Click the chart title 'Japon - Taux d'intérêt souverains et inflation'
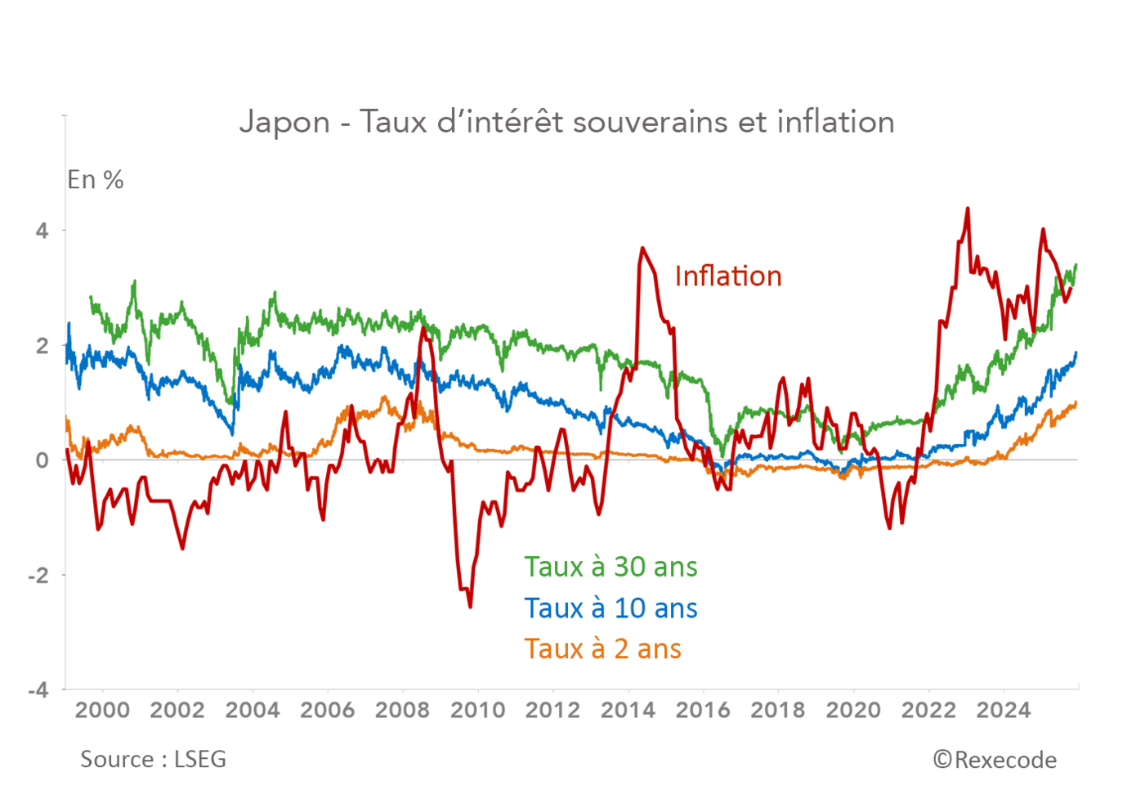coord(566,122)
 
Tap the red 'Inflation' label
coord(727,276)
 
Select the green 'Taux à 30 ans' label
coord(610,567)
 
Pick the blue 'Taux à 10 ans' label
coord(610,608)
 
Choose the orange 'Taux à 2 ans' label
coord(602,649)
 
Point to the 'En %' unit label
coord(95,180)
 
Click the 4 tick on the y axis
coord(42,231)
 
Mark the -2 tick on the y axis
coord(38,575)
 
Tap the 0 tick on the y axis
coord(42,460)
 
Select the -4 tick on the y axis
coord(38,690)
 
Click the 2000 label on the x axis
coord(102,710)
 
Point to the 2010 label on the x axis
coord(478,710)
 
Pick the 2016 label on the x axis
coord(703,710)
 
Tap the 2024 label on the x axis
coord(1004,710)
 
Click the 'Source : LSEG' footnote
coord(153,760)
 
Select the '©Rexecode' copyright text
coord(995,761)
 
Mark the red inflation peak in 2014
coord(642,248)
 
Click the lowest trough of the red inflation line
coord(470,606)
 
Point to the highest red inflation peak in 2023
coord(968,209)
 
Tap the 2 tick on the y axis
coord(42,345)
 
